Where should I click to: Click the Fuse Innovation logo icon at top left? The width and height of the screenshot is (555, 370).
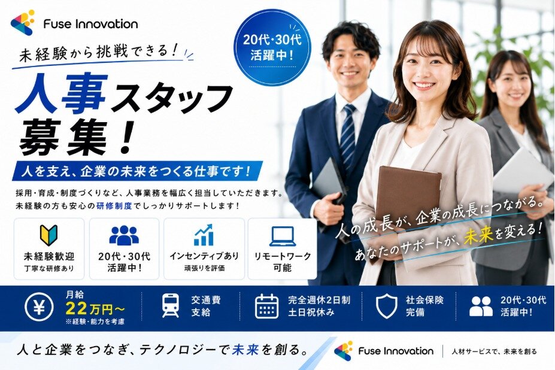[x=23, y=23]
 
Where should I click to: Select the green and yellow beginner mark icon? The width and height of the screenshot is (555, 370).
[x=49, y=235]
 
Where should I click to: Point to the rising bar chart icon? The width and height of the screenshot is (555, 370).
[x=204, y=235]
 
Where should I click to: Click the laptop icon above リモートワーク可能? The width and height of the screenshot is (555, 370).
[x=283, y=236]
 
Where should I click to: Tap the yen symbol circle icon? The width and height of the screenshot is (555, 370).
[x=40, y=307]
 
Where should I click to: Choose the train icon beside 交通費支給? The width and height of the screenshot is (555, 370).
[x=171, y=305]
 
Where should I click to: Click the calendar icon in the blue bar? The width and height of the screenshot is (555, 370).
[x=267, y=306]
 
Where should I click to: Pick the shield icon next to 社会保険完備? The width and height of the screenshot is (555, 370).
[x=386, y=306]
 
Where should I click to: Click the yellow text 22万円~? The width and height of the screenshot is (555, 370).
[x=95, y=309]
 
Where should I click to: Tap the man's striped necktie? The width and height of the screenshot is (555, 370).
[x=347, y=137]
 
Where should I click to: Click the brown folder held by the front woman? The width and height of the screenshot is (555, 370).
[x=407, y=199]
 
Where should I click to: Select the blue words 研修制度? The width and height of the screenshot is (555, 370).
[x=114, y=206]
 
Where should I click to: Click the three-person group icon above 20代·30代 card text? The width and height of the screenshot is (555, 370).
[x=124, y=235]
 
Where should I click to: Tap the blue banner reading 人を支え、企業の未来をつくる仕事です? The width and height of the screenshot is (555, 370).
[x=137, y=171]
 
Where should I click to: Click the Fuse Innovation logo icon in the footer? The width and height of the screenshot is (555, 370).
[x=344, y=351]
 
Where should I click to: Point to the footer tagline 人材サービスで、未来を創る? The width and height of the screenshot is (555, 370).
[x=494, y=351]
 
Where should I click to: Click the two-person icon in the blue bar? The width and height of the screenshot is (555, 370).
[x=481, y=307]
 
